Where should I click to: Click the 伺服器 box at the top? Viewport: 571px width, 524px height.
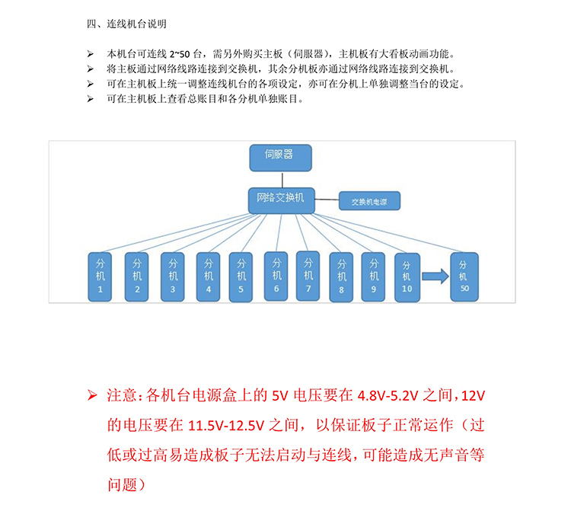(x=280, y=158)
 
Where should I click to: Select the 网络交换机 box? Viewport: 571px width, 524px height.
(x=282, y=200)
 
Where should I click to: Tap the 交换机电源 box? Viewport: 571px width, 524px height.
(x=369, y=201)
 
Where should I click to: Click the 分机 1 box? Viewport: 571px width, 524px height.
(x=100, y=276)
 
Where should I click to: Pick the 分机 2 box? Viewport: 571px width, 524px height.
(x=136, y=276)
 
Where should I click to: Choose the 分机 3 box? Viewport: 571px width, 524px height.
(x=173, y=276)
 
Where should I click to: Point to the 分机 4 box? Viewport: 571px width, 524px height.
(x=208, y=276)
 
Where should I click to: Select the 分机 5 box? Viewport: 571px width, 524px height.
(x=241, y=277)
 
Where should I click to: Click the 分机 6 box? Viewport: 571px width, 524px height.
(x=276, y=276)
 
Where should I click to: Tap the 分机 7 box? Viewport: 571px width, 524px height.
(x=308, y=276)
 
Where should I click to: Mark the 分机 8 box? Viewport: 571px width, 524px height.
(x=341, y=277)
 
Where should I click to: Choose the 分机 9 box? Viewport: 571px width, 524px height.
(x=373, y=276)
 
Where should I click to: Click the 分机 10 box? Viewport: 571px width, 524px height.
(x=407, y=278)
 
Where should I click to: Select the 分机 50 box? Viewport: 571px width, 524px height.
(x=464, y=276)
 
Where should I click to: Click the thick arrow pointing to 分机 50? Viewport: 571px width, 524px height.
(x=435, y=276)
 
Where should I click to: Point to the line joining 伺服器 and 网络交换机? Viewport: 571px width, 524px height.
(x=282, y=180)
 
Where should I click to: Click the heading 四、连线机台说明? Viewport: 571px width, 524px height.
(x=126, y=24)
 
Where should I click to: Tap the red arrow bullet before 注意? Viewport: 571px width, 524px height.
(x=92, y=395)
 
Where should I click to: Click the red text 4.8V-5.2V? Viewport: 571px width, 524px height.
(x=388, y=396)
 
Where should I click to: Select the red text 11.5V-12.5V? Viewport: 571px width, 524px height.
(x=226, y=426)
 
